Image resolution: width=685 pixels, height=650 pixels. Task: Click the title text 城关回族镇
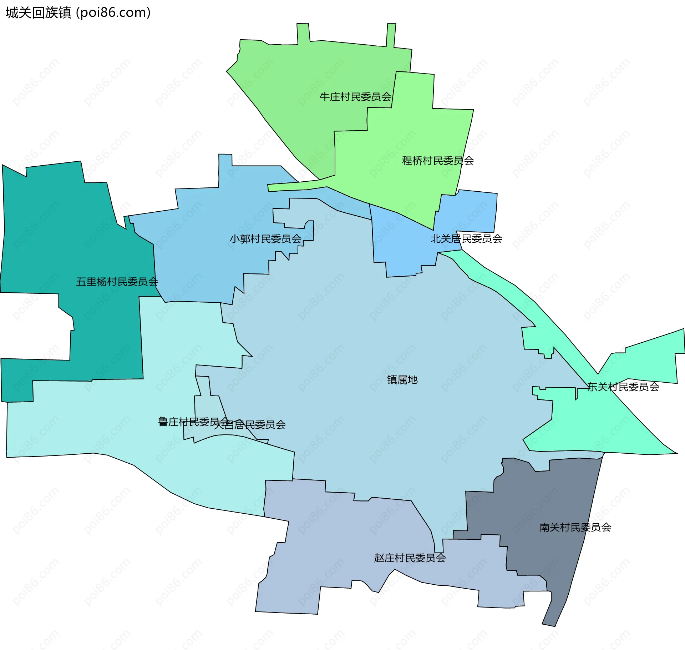(x=38, y=13)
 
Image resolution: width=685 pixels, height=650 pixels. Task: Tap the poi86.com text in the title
(x=113, y=13)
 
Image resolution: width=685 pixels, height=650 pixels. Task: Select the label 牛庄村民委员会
(x=355, y=97)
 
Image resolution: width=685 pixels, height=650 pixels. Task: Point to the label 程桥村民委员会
(x=438, y=161)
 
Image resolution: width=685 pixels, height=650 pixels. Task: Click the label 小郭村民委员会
(x=266, y=239)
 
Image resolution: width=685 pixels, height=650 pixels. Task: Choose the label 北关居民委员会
(x=466, y=238)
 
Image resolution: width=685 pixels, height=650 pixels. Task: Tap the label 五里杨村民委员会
(x=117, y=282)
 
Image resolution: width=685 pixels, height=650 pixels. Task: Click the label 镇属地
(x=402, y=379)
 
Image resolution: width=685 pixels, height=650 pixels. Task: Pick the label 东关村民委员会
(x=623, y=387)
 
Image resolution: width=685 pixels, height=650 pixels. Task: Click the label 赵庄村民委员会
(x=410, y=558)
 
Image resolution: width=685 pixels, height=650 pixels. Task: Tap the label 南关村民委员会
(x=575, y=527)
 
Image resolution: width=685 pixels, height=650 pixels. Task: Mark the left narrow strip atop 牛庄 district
(x=303, y=34)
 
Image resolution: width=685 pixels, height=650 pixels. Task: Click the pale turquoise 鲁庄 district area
(x=107, y=421)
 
